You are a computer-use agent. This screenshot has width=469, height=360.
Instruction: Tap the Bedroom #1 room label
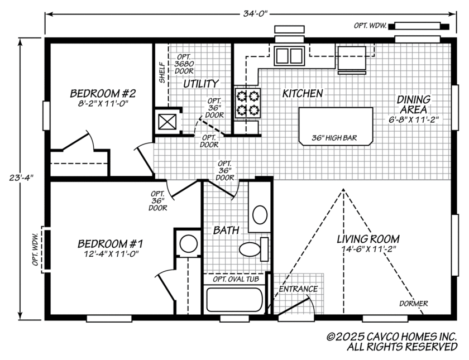[x=111, y=244]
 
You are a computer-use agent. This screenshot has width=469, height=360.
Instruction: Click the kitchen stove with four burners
[x=247, y=102]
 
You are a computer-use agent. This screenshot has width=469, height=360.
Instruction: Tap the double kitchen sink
[x=288, y=56]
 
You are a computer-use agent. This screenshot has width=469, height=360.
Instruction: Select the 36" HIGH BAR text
[x=335, y=137]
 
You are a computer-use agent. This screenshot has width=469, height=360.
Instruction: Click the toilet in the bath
[x=253, y=248]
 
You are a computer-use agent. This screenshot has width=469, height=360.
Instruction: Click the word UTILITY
[x=201, y=84]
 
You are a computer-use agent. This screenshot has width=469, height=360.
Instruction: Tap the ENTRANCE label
[x=298, y=289]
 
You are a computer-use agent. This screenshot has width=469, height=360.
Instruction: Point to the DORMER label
[x=413, y=304]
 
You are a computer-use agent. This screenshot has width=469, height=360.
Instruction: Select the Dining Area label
[x=413, y=104]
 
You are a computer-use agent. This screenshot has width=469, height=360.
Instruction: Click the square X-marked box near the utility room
[x=166, y=122]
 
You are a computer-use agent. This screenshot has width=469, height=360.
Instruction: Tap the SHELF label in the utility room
[x=162, y=73]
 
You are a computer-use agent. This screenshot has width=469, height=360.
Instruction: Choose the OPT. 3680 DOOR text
[x=185, y=64]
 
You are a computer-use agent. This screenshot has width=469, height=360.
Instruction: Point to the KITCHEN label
[x=302, y=93]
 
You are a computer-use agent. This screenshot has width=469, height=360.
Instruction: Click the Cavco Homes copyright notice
[x=392, y=342]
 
